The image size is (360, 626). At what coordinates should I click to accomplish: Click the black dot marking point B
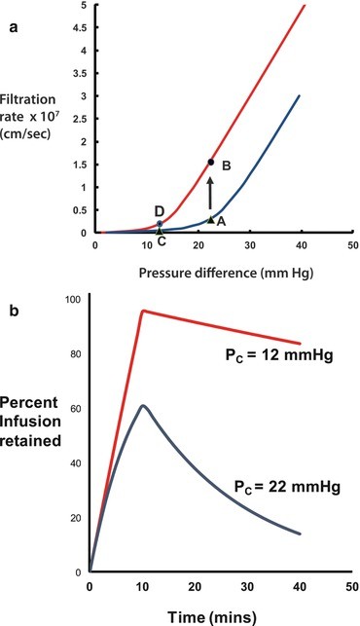tap(210, 163)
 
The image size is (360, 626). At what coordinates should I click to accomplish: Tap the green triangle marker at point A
tap(210, 220)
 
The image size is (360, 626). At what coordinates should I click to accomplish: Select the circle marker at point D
tap(160, 224)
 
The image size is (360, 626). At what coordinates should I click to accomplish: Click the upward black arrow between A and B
tap(210, 193)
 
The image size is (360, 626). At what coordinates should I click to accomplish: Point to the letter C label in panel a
tap(161, 239)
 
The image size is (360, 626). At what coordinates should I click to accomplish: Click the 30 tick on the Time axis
tap(248, 587)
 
